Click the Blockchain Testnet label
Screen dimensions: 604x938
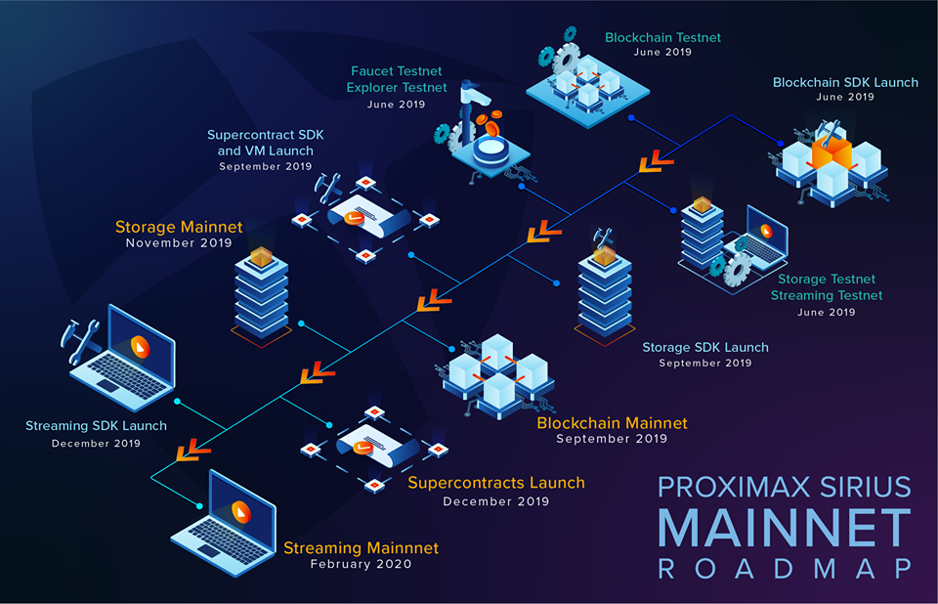click(x=662, y=38)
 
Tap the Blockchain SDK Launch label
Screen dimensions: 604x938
click(x=845, y=83)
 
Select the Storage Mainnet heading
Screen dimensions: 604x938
click(x=179, y=228)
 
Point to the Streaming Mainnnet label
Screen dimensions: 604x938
click(x=361, y=548)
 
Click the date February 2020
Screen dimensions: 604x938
click(x=361, y=564)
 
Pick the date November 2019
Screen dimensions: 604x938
click(x=179, y=243)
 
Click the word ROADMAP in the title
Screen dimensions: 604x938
click(x=785, y=569)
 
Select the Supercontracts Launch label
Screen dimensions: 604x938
click(x=495, y=483)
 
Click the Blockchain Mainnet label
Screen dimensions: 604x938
click(x=612, y=424)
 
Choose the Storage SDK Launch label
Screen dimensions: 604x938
click(x=704, y=348)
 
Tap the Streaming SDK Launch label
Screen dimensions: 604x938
click(x=96, y=426)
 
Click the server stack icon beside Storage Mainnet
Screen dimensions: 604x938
click(x=261, y=293)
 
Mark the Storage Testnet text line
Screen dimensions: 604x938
click(x=827, y=280)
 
